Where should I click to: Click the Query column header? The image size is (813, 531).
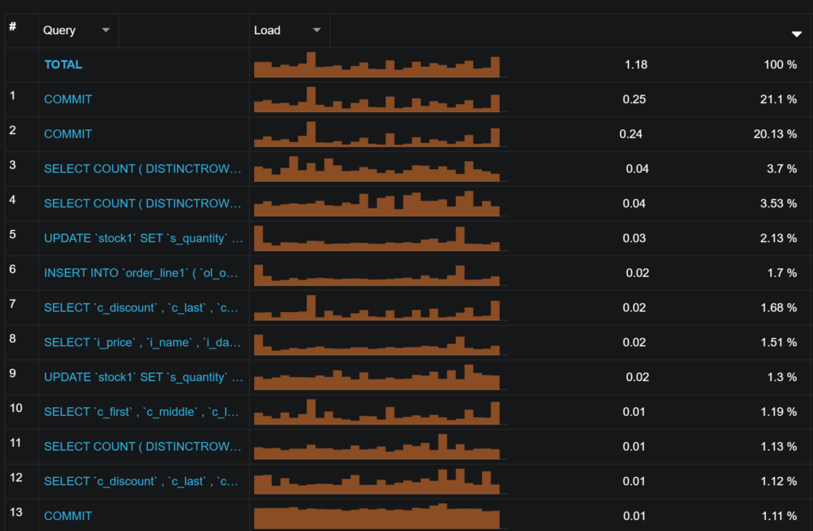point(60,30)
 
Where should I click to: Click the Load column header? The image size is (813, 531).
point(268,30)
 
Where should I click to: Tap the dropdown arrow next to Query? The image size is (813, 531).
point(106,30)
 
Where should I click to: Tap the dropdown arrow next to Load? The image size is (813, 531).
point(317,30)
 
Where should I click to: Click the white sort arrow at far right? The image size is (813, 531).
point(796,34)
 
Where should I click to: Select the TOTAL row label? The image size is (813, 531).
point(64,64)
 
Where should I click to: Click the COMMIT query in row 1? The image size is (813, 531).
point(68,99)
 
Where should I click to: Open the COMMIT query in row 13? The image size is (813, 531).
point(68,516)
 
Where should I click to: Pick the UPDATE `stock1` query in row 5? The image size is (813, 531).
point(143,238)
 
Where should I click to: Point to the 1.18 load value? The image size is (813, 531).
point(636,64)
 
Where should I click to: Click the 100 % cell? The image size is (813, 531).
point(780,64)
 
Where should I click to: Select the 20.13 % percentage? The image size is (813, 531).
point(775,134)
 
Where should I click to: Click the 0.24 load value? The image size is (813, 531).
point(631,134)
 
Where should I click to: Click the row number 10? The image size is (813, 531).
point(16,408)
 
